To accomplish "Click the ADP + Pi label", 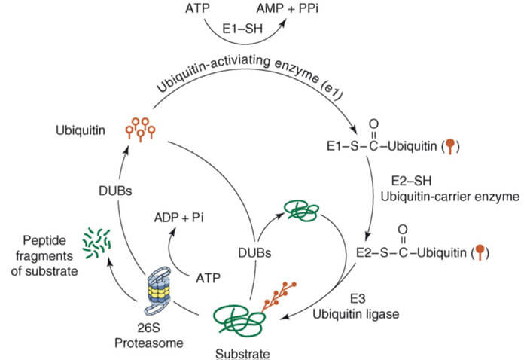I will [179, 218].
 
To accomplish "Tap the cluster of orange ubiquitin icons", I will [142, 128].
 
